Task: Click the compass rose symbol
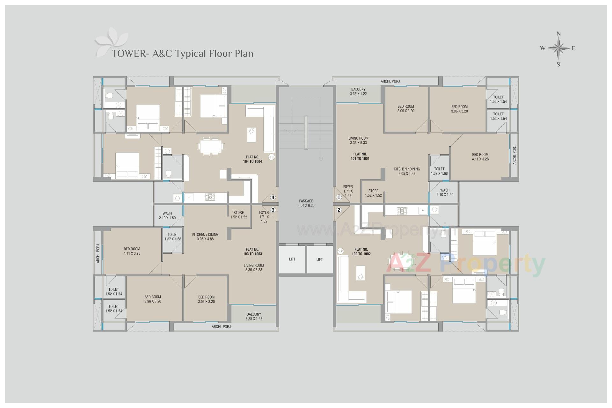pos(558,48)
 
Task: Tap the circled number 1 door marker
pos(339,197)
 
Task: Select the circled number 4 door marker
pos(273,197)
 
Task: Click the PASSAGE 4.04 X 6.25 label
pos(306,203)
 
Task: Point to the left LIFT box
pos(292,259)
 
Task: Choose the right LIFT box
pos(319,259)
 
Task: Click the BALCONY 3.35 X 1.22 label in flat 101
pos(358,92)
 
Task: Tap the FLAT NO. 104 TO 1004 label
pos(252,159)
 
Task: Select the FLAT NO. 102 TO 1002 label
pos(361,252)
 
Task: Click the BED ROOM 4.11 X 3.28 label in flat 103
pos(132,251)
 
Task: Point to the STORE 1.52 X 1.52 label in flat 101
pos(373,193)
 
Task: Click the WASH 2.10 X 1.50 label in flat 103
pos(167,216)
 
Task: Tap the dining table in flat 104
pos(210,147)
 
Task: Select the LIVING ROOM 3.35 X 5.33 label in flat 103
pos(254,267)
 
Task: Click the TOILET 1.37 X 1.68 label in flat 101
pos(439,171)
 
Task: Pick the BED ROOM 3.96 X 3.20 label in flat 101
pos(459,109)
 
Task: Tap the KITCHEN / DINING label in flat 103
pos(205,237)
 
